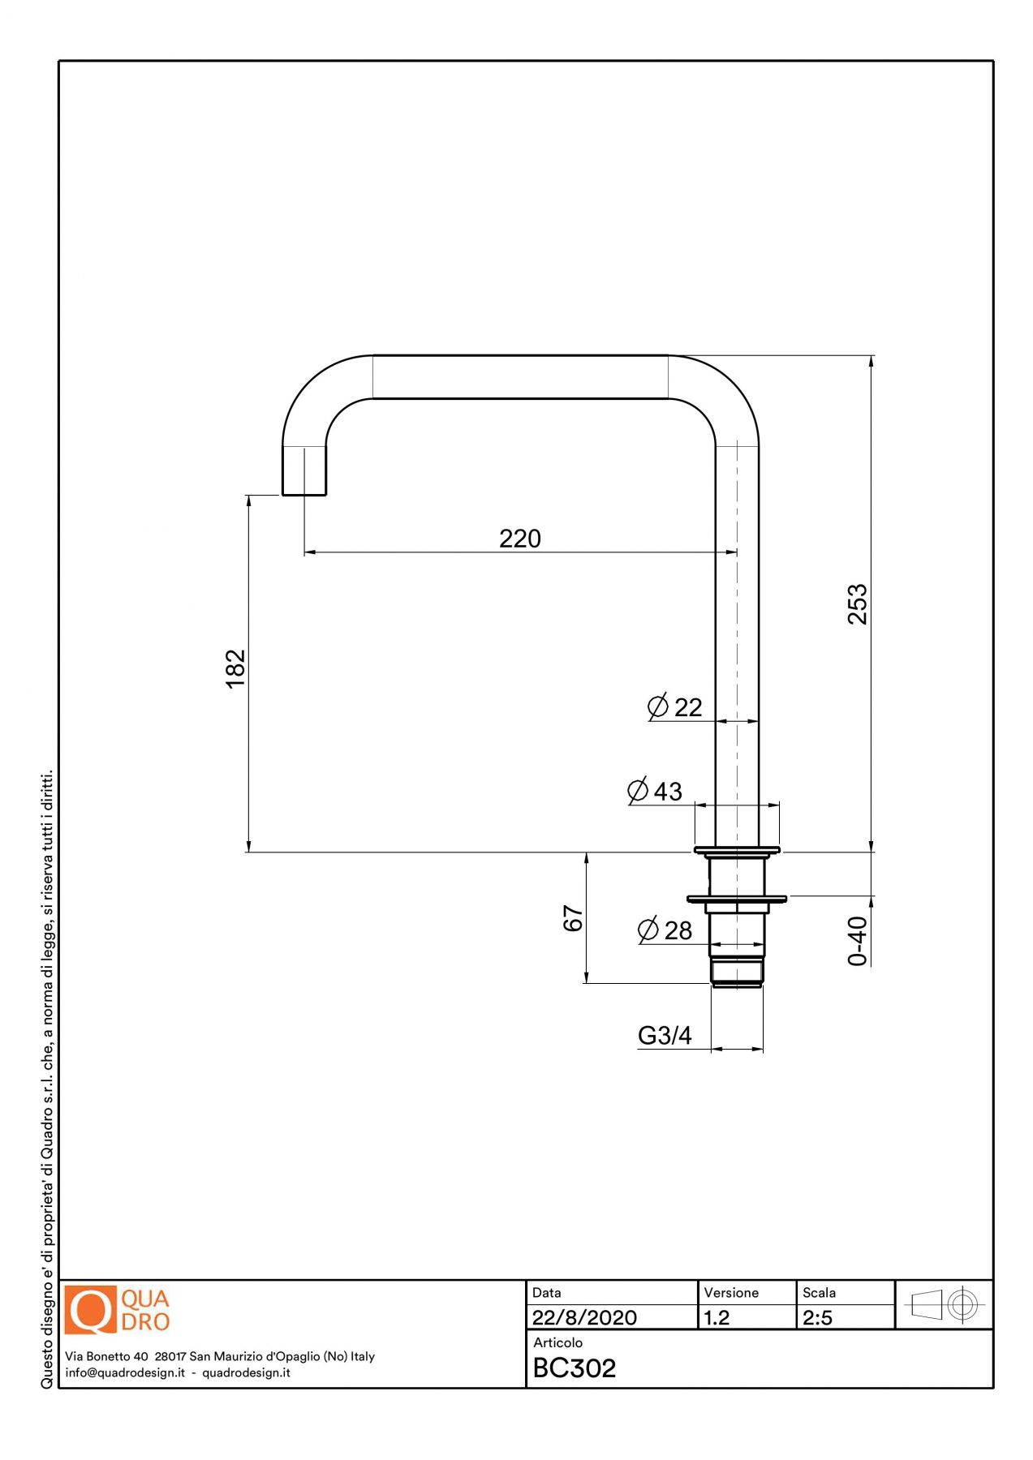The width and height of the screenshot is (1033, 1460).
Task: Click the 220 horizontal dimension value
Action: tap(519, 539)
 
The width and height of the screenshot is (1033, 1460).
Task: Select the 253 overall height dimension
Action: tap(857, 604)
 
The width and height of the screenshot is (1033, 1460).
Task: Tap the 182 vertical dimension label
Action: tap(235, 668)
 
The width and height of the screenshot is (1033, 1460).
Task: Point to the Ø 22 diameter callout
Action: tap(675, 707)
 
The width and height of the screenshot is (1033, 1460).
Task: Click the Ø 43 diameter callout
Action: tap(655, 791)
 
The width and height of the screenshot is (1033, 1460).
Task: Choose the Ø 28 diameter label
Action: tap(665, 930)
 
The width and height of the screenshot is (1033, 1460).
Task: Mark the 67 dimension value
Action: tap(573, 918)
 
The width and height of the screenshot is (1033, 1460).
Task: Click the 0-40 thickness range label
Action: tap(857, 941)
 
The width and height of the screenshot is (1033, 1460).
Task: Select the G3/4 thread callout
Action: tap(665, 1036)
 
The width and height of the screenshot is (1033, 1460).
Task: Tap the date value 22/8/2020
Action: tap(584, 1317)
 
